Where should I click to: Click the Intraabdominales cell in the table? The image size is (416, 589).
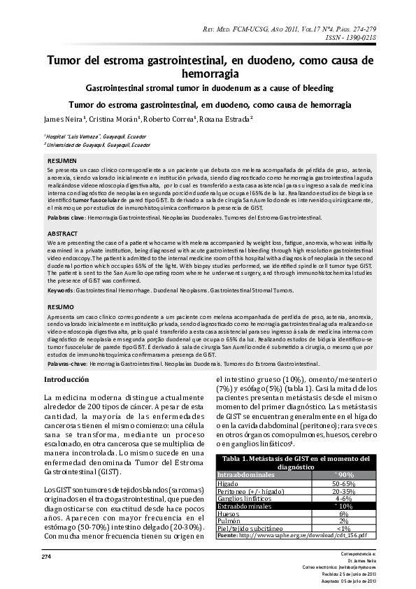pos(245,475)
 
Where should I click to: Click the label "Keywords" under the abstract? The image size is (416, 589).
pos(60,290)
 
